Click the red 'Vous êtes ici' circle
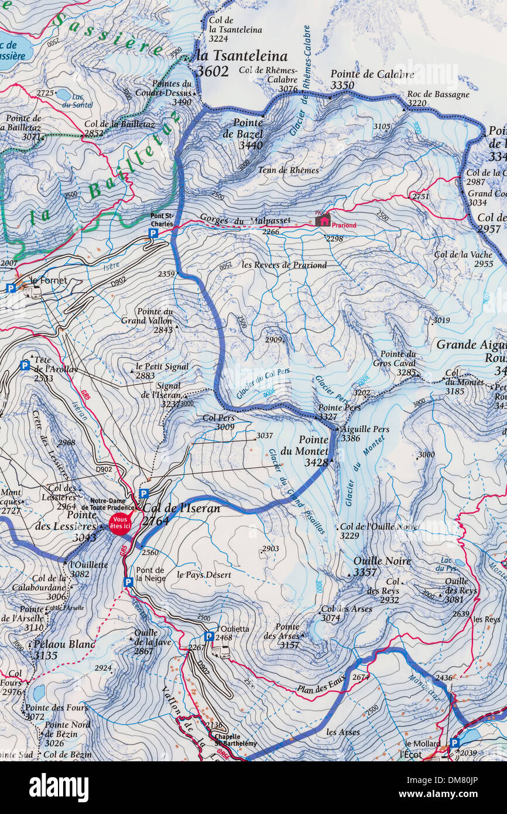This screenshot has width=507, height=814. click(120, 523)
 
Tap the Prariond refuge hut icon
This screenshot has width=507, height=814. click(322, 220)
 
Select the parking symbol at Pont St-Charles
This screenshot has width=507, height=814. click(153, 233)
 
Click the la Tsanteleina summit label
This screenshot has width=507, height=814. click(242, 56)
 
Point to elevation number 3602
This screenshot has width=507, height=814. click(212, 71)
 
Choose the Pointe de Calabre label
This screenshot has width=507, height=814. click(372, 74)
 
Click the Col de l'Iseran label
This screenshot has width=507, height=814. click(181, 509)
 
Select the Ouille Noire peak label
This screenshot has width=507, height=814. click(382, 561)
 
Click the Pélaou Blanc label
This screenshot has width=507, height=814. click(64, 644)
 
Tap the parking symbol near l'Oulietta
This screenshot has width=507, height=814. click(209, 636)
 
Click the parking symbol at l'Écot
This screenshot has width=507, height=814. click(454, 743)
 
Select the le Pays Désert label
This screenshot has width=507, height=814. click(204, 575)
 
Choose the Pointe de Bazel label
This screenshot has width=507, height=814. click(248, 128)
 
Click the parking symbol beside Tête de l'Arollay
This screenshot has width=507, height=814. click(25, 365)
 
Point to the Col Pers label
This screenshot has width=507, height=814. click(218, 418)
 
